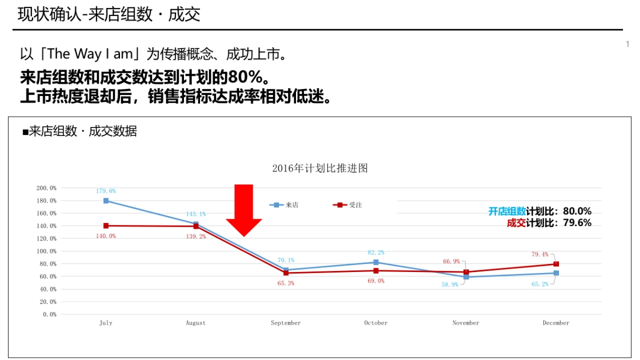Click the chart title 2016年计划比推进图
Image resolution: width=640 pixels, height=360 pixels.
(320, 169)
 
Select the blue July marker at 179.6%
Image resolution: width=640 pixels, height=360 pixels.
(106, 201)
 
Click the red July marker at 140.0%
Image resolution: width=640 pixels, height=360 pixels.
(106, 226)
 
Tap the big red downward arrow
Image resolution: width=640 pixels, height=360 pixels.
(244, 211)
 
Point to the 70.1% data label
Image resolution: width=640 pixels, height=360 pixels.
(286, 260)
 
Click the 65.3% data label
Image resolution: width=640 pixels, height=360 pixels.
(286, 283)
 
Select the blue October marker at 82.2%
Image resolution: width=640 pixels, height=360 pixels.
(376, 262)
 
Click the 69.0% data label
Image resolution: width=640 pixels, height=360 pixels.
(375, 281)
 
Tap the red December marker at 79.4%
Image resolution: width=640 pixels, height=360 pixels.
(556, 264)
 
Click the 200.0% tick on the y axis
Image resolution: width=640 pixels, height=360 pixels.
(46, 188)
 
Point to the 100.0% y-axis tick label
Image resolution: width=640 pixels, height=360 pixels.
(46, 251)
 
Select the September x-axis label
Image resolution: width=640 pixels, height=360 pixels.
(286, 323)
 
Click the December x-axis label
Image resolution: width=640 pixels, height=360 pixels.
(556, 323)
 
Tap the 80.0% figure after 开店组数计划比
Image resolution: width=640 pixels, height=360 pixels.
(577, 211)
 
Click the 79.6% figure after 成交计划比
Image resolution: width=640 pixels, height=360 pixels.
(577, 223)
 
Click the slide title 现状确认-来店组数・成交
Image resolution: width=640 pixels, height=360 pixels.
(109, 14)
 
